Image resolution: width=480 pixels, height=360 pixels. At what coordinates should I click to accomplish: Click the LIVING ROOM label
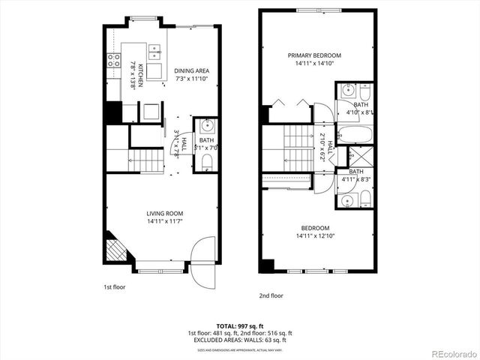pos(166,212)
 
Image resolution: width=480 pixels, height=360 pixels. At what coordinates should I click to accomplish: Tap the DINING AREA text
pos(192,70)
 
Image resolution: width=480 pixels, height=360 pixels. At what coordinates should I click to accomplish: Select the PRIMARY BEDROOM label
pos(315,55)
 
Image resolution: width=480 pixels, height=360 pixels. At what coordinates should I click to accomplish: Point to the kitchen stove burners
pos(115,60)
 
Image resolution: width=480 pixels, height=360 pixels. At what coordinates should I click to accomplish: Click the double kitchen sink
pos(155,52)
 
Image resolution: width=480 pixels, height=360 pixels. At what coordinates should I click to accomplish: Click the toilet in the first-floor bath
pos(208,163)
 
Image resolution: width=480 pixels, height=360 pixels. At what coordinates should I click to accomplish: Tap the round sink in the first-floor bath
pos(206,125)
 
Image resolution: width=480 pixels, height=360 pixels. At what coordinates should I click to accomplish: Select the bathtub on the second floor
pos(355,136)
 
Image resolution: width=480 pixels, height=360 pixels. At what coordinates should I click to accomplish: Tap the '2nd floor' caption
pos(271,295)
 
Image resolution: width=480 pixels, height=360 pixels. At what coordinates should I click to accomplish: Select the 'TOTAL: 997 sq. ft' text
pos(239,325)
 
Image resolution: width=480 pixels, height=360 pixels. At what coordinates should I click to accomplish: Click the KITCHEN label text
pos(136,75)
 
